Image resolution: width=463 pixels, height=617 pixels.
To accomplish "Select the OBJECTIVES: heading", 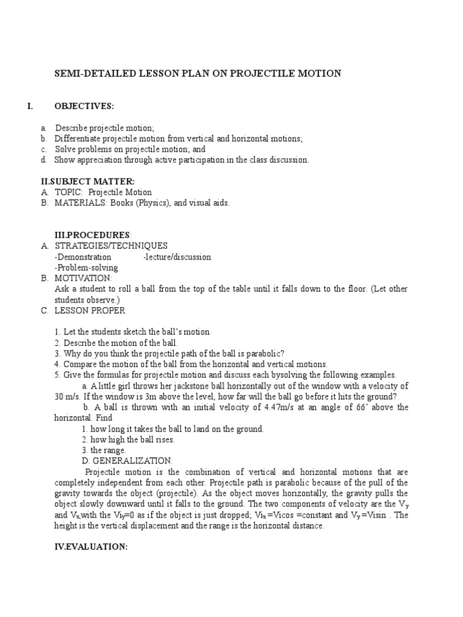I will coord(84,106).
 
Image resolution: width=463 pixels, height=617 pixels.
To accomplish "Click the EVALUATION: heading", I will coord(91,548).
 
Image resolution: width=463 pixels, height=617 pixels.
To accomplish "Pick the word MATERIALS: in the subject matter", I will coord(81,203).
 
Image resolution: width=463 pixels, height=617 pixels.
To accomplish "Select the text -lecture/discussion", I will coord(177,257).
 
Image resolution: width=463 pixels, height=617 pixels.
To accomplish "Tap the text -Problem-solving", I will coord(86,268).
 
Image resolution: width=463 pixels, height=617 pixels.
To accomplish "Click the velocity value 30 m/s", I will coord(66,396).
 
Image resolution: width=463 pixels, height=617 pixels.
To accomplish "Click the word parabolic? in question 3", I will coord(263,354).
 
